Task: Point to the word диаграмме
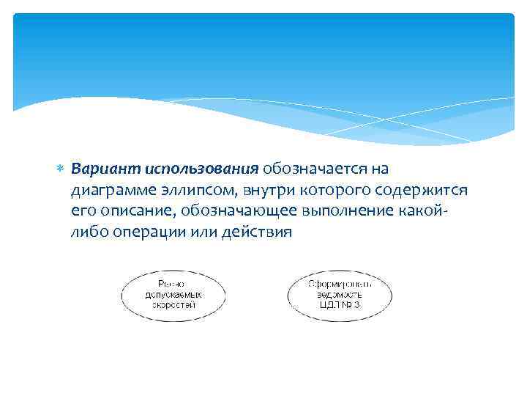coord(110,191)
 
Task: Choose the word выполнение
coord(345,212)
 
